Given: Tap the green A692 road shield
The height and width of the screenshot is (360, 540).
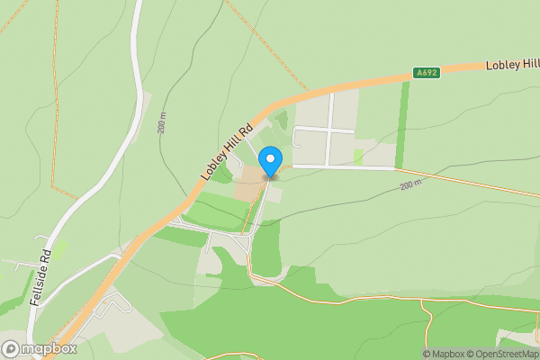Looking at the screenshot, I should (x=427, y=72).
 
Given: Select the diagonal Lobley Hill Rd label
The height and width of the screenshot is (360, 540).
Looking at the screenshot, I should (x=225, y=151).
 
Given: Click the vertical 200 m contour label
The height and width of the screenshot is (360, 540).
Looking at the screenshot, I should (x=162, y=123).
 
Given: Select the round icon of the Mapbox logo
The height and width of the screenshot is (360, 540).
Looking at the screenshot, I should (x=11, y=348).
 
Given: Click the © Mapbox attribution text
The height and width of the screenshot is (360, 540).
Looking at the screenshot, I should (x=443, y=354).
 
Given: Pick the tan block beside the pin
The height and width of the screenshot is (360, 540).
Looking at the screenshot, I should (x=249, y=184).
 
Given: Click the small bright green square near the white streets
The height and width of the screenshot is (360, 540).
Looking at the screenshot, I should (x=359, y=157).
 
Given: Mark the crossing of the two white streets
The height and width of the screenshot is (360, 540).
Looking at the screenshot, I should (x=329, y=130).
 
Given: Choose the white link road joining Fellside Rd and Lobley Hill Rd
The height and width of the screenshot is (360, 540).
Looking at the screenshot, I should (x=90, y=264).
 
